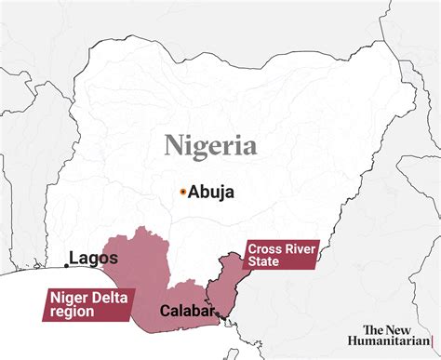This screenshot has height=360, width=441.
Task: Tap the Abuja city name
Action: [x=211, y=193]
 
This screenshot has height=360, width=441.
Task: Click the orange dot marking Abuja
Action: [x=183, y=192]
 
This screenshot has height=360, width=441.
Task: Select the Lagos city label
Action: [x=94, y=257]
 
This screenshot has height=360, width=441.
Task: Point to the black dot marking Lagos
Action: [x=65, y=265]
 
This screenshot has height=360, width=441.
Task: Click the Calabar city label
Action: [x=187, y=310]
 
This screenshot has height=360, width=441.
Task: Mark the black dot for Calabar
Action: [x=219, y=315]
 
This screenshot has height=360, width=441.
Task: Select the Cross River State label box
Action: [x=279, y=254]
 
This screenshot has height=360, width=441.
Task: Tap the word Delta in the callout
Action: [x=114, y=297]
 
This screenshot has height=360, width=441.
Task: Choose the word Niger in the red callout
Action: [x=72, y=297]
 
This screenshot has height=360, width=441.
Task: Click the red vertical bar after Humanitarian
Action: [x=432, y=342]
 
